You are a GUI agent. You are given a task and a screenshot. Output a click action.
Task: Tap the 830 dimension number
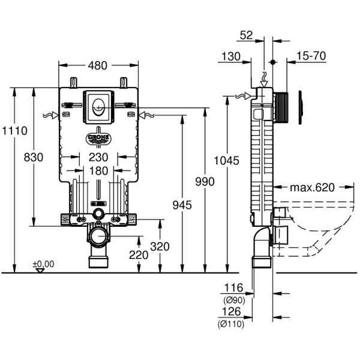pyautogui.click(x=34, y=157)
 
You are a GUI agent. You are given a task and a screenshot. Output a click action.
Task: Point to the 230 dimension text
pyautogui.click(x=98, y=157)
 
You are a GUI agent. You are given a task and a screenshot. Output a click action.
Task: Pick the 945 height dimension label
pyautogui.click(x=182, y=205)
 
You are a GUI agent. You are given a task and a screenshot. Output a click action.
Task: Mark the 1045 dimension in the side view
pyautogui.click(x=227, y=161)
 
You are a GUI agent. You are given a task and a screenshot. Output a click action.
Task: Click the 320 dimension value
pyautogui.click(x=160, y=245)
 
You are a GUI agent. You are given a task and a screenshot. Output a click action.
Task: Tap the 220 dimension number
pyautogui.click(x=139, y=254)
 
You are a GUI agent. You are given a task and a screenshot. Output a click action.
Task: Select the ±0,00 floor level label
pyautogui.click(x=43, y=263)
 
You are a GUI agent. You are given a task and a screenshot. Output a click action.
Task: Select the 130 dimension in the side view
pyautogui.click(x=230, y=56)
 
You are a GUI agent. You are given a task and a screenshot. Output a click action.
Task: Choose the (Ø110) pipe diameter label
pyautogui.click(x=231, y=323)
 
